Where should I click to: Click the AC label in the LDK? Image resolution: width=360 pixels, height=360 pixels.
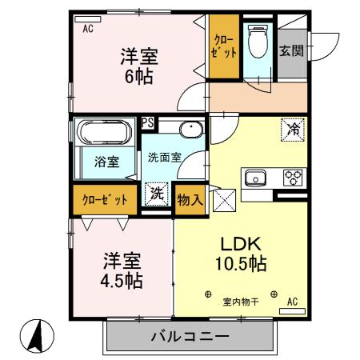293,302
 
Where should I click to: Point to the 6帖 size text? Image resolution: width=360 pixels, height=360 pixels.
138,77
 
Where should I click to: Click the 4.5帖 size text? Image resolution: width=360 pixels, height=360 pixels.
122,281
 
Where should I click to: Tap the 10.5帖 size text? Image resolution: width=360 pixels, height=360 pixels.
238,263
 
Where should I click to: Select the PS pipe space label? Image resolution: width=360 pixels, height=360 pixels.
148,123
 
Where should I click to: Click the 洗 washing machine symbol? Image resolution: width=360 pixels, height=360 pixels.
156,194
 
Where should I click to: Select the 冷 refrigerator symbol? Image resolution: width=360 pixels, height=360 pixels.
293,128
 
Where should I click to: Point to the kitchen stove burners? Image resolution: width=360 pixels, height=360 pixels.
294,178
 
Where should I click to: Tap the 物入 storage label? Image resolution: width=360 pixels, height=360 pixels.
189,197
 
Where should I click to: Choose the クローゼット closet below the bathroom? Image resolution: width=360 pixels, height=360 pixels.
105,199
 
